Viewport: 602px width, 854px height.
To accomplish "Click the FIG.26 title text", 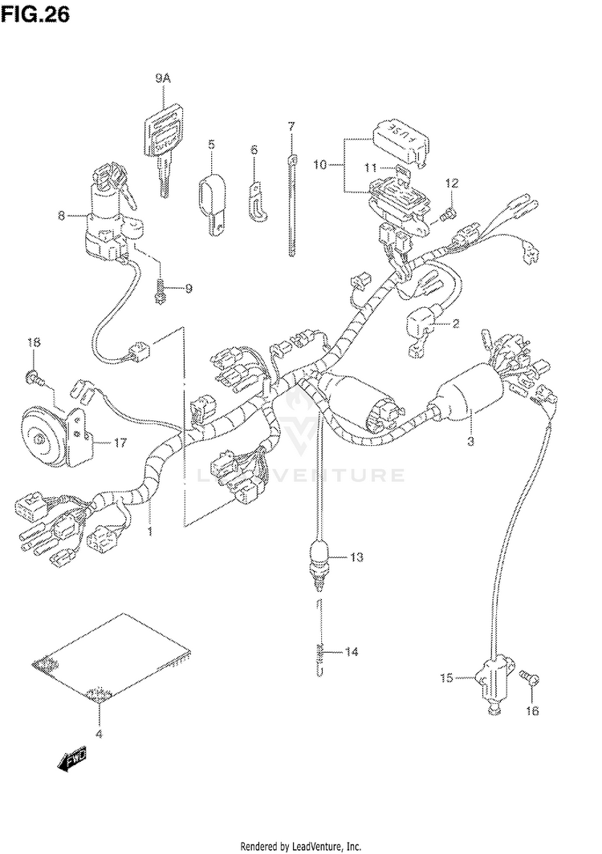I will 35,16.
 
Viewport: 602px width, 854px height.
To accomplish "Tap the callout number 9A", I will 163,78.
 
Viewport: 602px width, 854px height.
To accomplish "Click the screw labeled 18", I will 32,375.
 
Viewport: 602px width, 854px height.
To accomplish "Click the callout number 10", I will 320,164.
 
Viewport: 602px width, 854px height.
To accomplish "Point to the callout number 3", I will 471,440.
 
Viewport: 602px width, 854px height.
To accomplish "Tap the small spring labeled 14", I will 319,653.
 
